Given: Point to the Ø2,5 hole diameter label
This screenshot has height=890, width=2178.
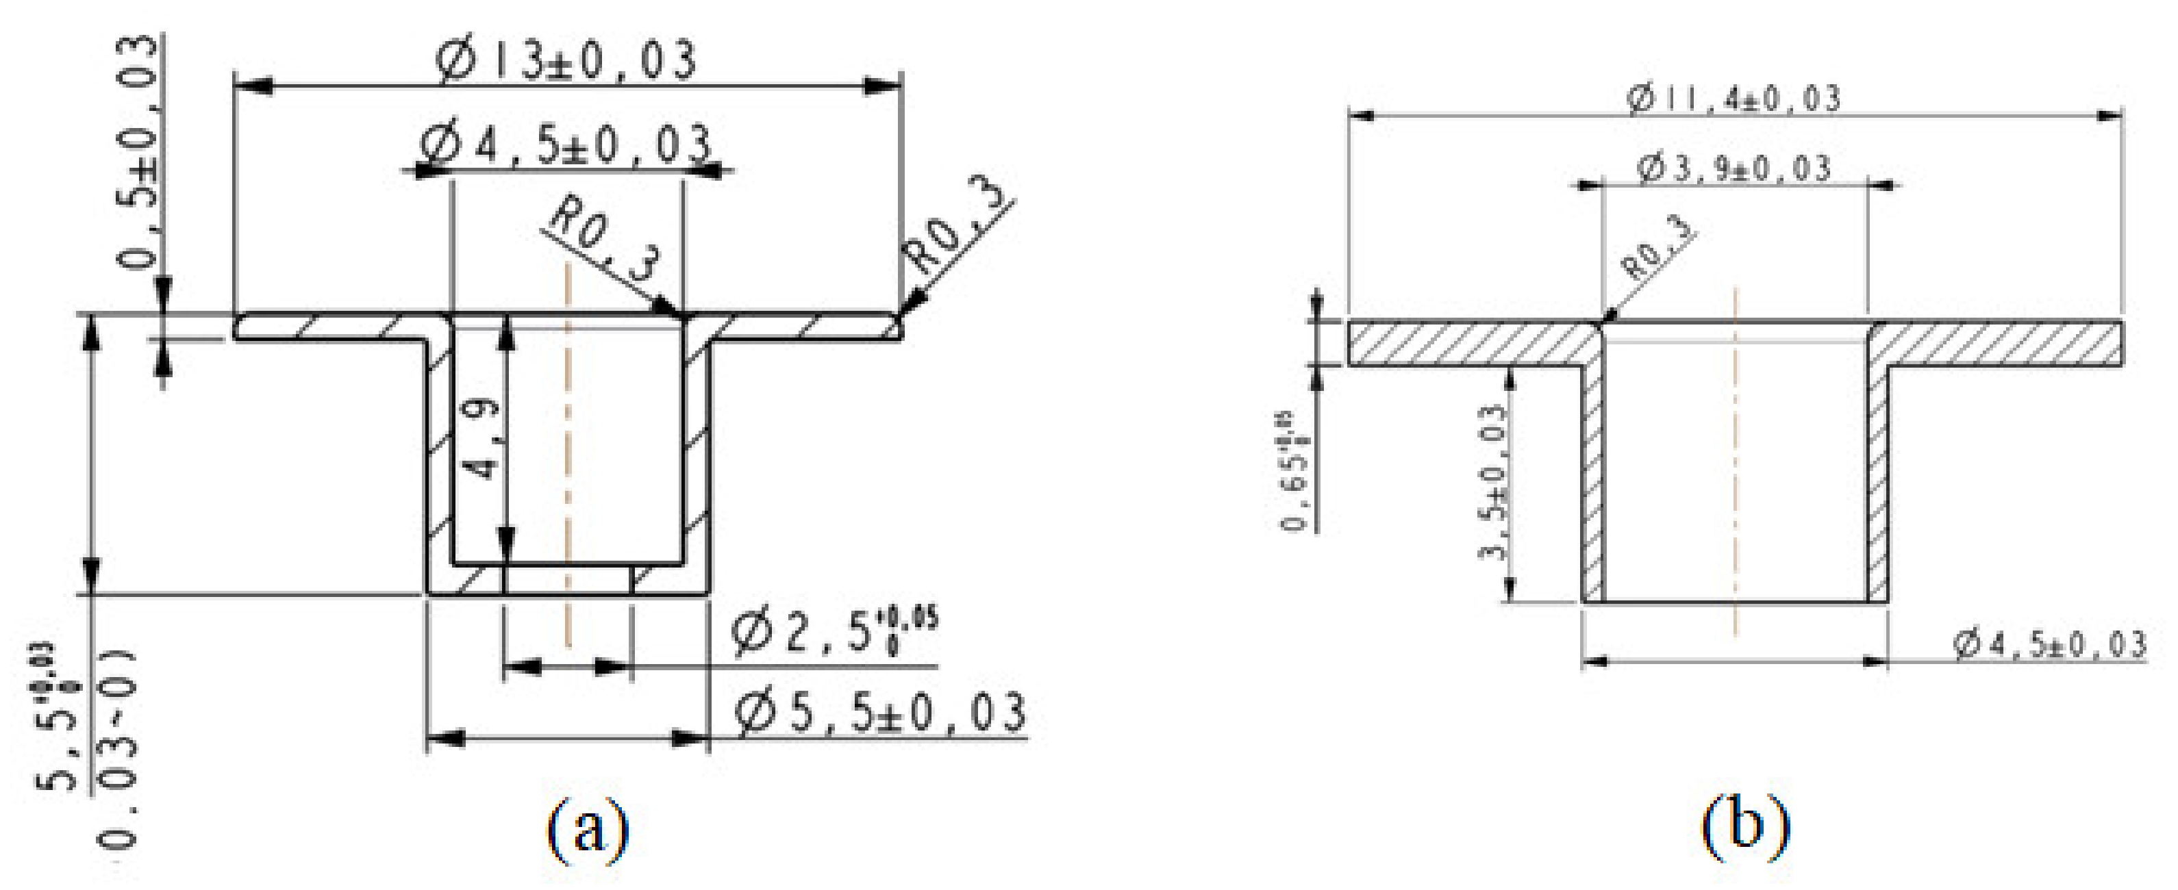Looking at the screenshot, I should (x=833, y=633).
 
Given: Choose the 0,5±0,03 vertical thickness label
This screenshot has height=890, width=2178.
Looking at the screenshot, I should (x=137, y=152).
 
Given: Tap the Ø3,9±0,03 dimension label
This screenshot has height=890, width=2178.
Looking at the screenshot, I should (x=1733, y=168).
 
